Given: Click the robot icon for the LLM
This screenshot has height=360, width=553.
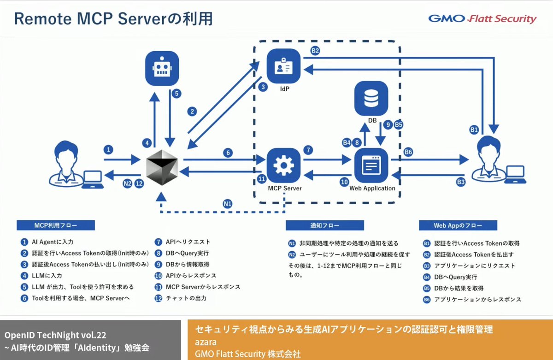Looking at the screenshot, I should [161, 69].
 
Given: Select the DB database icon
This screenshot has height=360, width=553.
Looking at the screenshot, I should [372, 97].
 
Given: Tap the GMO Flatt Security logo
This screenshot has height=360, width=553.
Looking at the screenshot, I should [482, 19].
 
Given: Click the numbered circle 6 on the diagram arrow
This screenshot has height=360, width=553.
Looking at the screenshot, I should [228, 152].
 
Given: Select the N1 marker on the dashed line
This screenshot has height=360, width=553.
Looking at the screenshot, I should [228, 203].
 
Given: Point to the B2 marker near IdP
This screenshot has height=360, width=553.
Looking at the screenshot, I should [315, 51].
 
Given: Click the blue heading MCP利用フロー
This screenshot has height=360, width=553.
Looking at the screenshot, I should [56, 225].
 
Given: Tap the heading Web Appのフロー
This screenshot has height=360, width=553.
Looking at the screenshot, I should [458, 225].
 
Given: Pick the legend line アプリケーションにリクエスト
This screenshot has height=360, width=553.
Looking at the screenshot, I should [475, 266].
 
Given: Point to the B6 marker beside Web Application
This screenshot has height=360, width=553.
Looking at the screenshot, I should [408, 152].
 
